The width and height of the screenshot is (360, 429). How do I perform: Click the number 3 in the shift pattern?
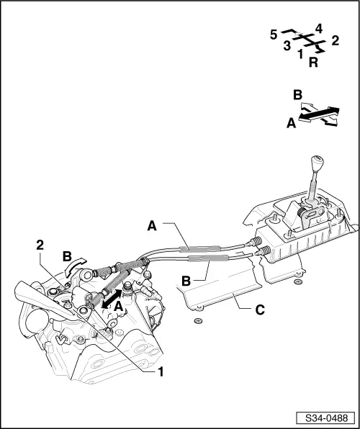click(287, 46)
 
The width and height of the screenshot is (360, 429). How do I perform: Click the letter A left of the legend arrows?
click(292, 124)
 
